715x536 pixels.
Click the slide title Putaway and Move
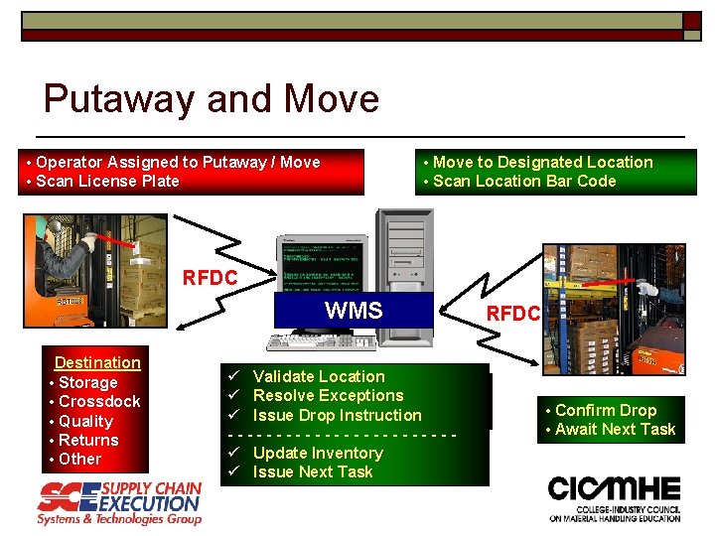211,99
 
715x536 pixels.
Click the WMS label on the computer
354,311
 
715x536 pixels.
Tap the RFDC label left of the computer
210,278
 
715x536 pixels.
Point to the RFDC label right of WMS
512,314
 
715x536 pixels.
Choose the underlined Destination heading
97,363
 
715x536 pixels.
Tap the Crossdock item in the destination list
98,401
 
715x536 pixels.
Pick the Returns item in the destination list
88,440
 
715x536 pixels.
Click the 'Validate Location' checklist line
318,376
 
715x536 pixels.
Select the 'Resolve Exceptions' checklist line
328,395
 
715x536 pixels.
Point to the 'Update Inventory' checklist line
318,453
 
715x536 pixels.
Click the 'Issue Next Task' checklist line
313,471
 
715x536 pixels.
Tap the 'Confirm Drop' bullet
606,410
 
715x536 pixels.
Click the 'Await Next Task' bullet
615,429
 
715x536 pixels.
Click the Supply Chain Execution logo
119,503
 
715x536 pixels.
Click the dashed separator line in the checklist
343,434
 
